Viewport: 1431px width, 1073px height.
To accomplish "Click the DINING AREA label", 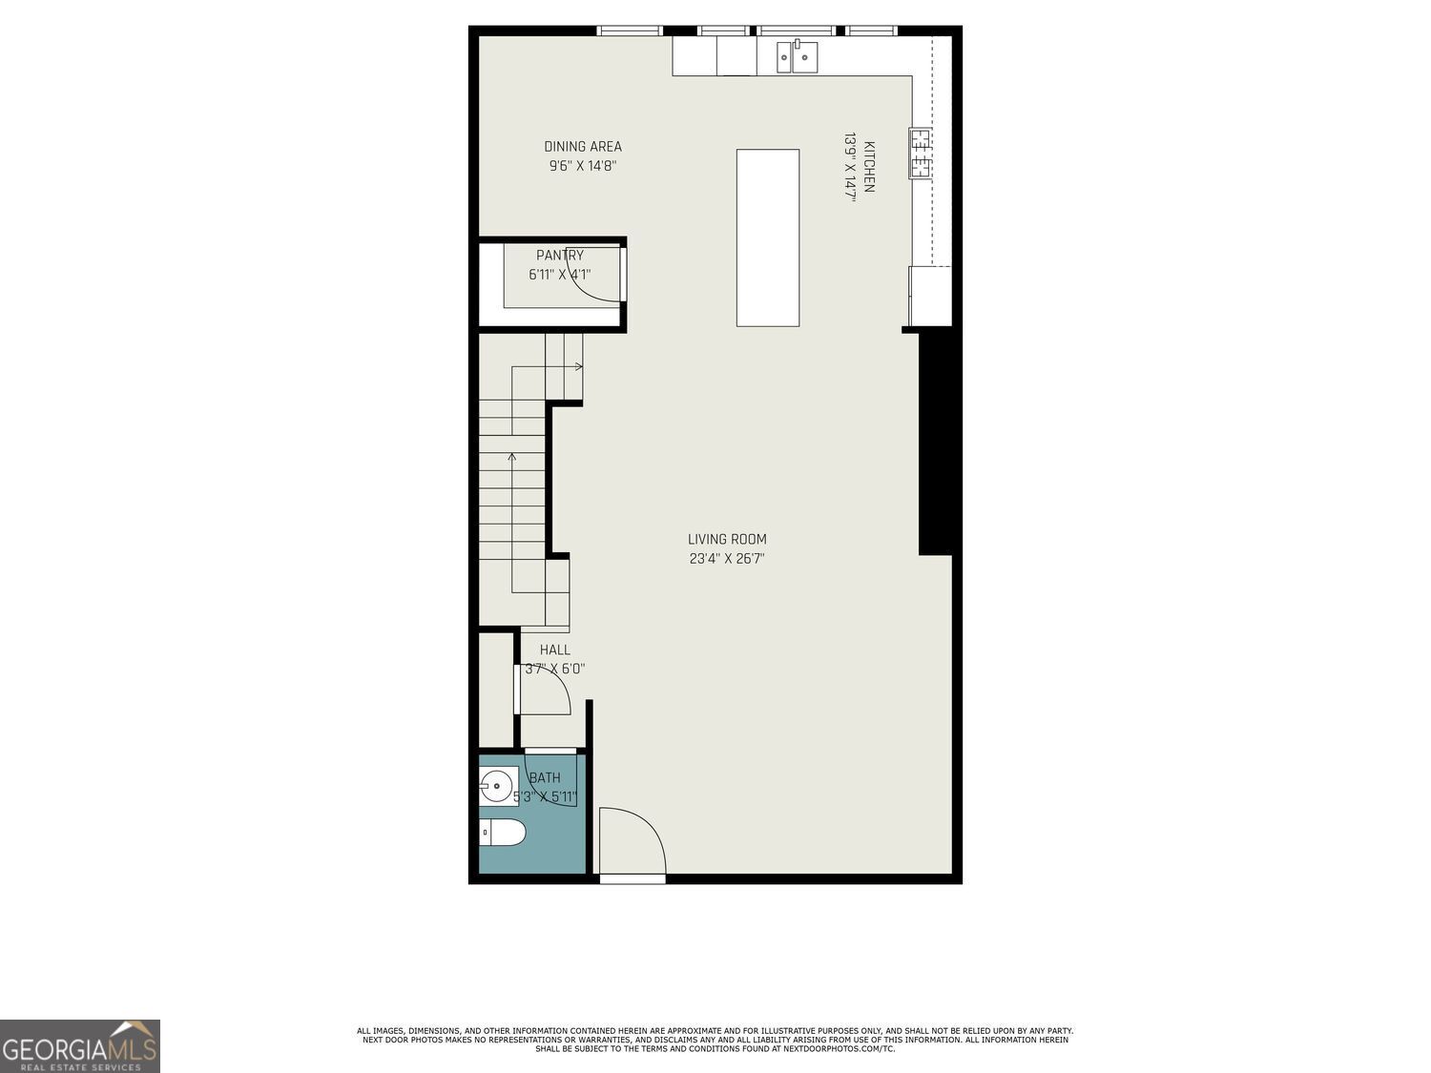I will (583, 147).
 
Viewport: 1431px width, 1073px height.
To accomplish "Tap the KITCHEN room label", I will (869, 167).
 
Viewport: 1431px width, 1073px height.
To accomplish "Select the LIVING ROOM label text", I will (727, 540).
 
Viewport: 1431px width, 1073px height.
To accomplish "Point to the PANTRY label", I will (560, 256).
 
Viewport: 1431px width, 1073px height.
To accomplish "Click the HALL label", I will (554, 650).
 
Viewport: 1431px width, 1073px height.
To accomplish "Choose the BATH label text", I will (545, 778).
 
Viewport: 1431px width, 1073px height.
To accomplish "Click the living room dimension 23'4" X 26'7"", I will (727, 559).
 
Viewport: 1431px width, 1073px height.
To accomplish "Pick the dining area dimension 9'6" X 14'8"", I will (583, 166).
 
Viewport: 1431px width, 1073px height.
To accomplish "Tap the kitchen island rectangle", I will (767, 237).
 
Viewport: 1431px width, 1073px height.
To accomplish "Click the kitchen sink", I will (797, 57).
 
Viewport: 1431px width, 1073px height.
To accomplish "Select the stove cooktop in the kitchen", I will (920, 154).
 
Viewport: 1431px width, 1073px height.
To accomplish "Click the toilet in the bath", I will (503, 833).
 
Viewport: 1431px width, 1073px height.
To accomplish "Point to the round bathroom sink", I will (496, 788).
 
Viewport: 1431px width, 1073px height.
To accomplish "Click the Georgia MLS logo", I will (80, 1046).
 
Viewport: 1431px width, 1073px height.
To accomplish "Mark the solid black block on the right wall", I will (938, 444).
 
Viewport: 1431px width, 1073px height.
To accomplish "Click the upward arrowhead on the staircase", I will (512, 457).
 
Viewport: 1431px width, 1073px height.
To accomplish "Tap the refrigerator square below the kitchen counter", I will (930, 296).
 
